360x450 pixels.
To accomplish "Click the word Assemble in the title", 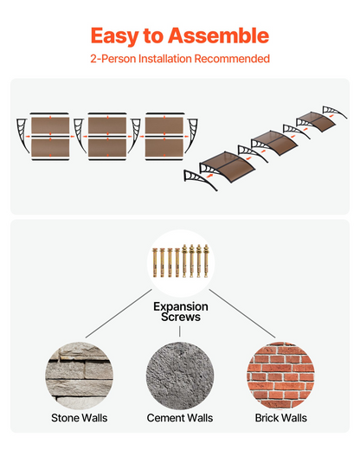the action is (x=218, y=35).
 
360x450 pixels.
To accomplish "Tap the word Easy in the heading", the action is (x=115, y=36).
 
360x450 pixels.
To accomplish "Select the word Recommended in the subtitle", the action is (x=232, y=59).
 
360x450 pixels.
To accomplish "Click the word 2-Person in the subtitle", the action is (x=113, y=59).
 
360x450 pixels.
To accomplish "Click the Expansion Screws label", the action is (x=181, y=312).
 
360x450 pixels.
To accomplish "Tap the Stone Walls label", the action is (x=80, y=418).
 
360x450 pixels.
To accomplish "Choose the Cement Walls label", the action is (x=180, y=418).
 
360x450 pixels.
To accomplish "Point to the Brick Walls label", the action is (x=280, y=418).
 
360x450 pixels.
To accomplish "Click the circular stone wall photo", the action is (x=79, y=376).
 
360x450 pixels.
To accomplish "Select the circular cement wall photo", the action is (x=180, y=376).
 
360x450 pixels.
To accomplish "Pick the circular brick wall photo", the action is (x=280, y=376).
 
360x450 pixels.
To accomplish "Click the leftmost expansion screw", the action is (x=155, y=262).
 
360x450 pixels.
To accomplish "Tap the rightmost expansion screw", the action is (x=206, y=261).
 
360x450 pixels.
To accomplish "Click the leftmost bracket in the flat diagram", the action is (x=22, y=133).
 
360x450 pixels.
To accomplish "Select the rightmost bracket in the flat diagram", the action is (x=191, y=134).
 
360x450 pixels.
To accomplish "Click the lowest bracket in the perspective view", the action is (x=200, y=180).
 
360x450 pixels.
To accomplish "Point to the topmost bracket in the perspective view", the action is (x=335, y=112).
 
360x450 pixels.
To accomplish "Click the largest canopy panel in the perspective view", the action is (x=228, y=167).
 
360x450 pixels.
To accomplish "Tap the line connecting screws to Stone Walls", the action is (x=119, y=313).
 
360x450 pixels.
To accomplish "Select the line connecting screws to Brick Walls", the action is (x=242, y=313).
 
